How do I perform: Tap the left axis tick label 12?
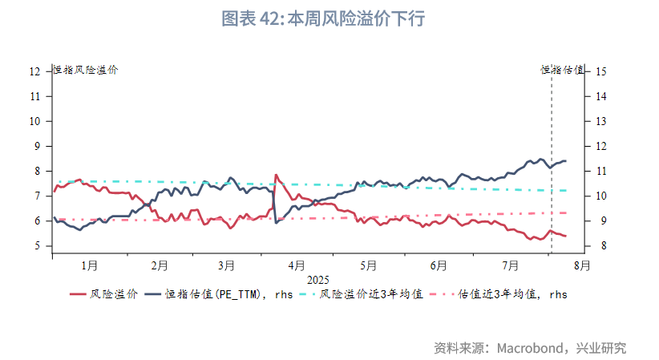coord(34,71)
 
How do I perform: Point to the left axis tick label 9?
coord(34,146)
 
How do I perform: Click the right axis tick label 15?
coord(601,71)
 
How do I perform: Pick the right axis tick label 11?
coord(601,171)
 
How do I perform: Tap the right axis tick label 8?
coord(601,246)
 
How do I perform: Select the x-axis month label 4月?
coord(297,265)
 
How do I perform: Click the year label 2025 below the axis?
coord(318,279)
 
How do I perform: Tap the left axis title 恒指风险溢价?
coord(86,70)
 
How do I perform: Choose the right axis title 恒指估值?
coord(562,70)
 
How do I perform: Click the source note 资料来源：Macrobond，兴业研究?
coord(530,348)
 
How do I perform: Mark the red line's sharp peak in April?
coord(276,175)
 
